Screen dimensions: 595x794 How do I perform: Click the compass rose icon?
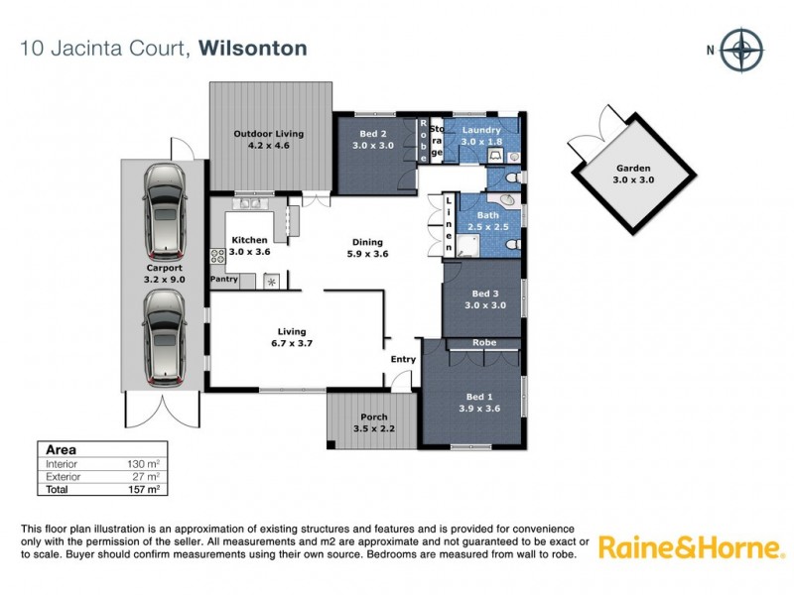tap(740, 51)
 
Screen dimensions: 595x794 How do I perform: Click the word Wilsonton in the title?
tap(253, 48)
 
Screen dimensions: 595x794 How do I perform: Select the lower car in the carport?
tap(164, 337)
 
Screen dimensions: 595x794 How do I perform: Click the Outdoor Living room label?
tap(268, 134)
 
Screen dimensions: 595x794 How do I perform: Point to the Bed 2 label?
tap(372, 131)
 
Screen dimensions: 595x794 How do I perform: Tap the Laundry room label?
tap(481, 130)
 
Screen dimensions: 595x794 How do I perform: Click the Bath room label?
tap(487, 215)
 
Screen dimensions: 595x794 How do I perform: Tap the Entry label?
tap(403, 359)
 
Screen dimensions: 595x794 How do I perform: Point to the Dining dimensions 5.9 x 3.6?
tap(367, 254)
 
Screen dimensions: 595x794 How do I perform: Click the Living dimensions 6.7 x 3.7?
tap(292, 344)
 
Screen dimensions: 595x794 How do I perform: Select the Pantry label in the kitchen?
tap(223, 280)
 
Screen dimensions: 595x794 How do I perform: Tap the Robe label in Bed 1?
tap(484, 342)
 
